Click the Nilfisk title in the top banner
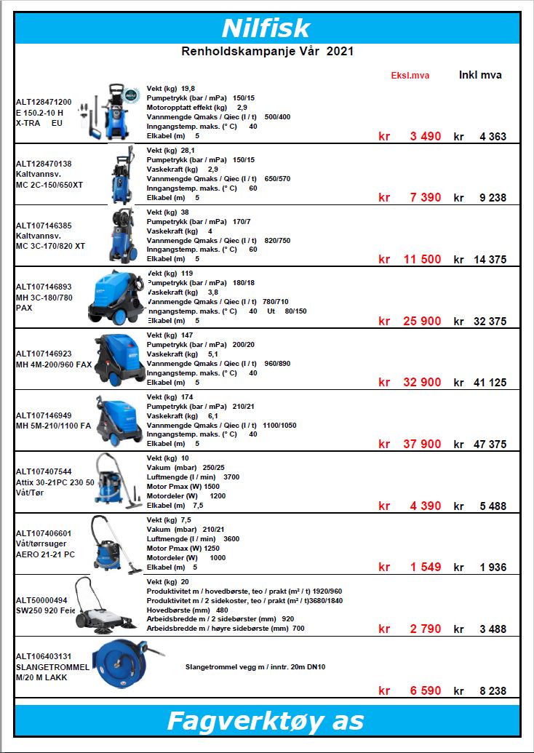pos(266,28)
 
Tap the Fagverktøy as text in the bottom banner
pos(266,721)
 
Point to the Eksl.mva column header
pos(410,76)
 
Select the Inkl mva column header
pos(480,75)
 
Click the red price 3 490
pos(426,137)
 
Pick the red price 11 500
pos(423,260)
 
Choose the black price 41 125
pos(488,383)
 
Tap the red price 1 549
pos(426,567)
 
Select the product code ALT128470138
pos(44,164)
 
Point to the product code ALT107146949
pos(44,415)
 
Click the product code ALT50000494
pos(41,600)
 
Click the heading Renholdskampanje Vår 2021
pos(267,52)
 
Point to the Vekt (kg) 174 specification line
pos(170,397)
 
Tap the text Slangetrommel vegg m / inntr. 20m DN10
pos(255,666)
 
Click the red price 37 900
pos(423,445)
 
